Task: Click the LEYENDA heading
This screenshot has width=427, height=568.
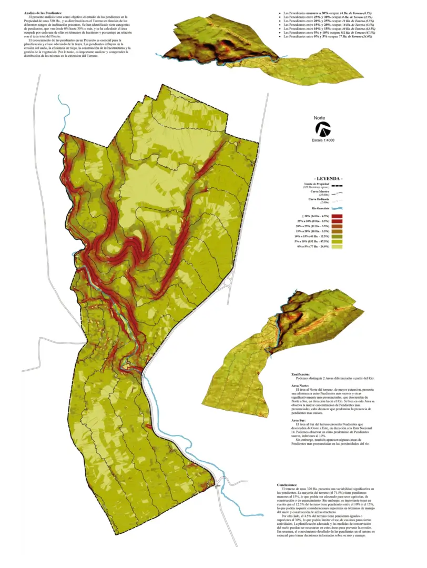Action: tap(328, 178)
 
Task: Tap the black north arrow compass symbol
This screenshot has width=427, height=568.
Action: tap(322, 129)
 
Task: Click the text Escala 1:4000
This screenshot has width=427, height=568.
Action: tap(323, 140)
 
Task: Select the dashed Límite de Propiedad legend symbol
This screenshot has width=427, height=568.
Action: tap(337, 185)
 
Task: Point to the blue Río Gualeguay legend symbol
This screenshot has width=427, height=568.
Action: tap(337, 209)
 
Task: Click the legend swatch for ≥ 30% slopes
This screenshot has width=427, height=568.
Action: tap(337, 216)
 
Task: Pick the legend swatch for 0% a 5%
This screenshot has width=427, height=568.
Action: tap(337, 246)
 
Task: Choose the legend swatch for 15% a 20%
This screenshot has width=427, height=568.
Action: tap(337, 231)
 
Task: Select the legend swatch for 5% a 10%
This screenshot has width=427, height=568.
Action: tap(337, 241)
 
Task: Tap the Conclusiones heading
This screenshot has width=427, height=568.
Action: tap(288, 484)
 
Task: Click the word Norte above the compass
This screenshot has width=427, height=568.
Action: tap(320, 118)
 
